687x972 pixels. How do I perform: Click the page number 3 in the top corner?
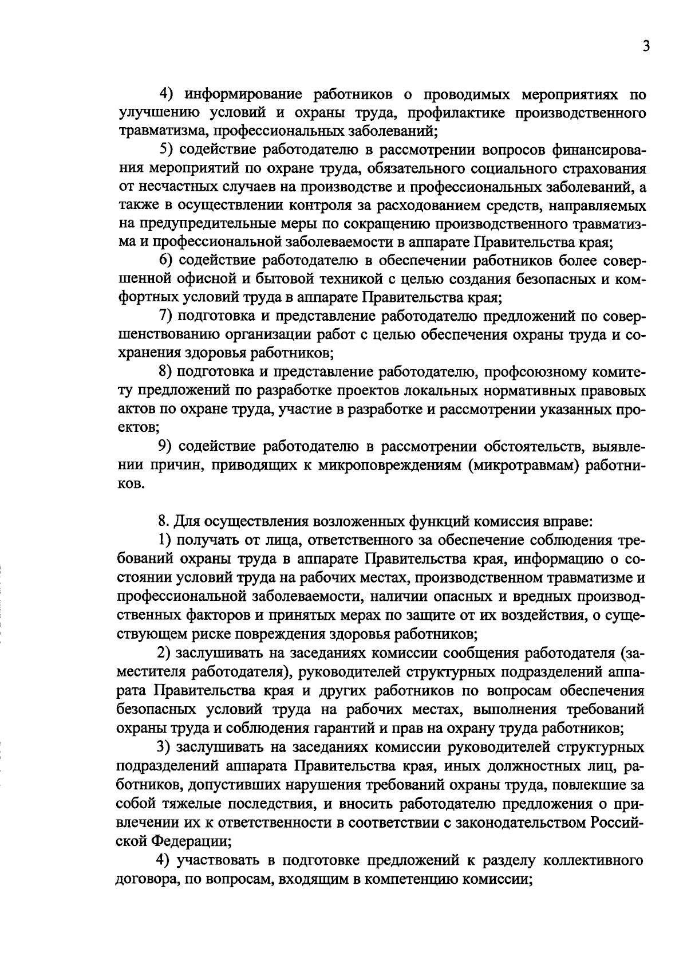tap(645, 46)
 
